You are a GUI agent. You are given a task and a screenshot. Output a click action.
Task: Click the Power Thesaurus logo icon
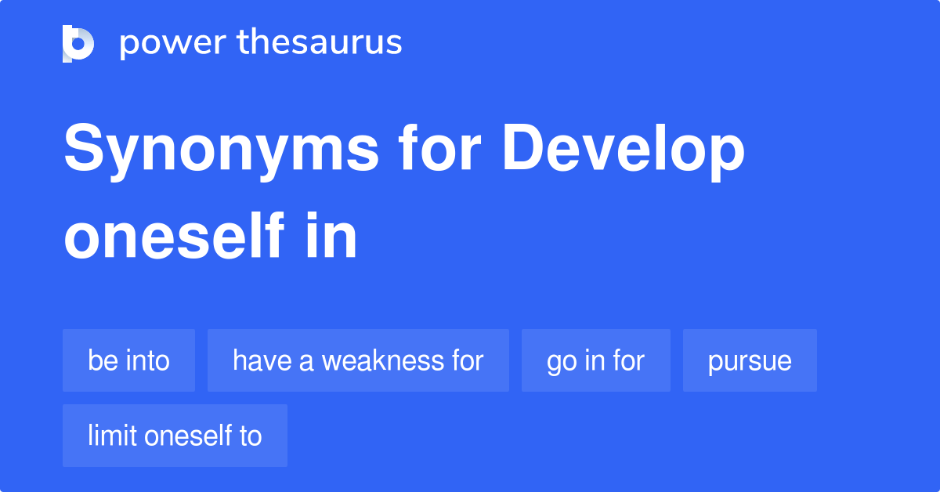[x=78, y=43]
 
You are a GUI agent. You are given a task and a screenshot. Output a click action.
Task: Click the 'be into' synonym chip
[x=128, y=360]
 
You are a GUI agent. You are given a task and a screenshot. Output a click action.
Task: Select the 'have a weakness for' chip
[x=358, y=360]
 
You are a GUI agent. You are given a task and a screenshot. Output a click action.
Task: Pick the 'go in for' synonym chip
[x=595, y=360]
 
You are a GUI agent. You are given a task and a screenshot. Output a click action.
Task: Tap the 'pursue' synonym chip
[x=750, y=360]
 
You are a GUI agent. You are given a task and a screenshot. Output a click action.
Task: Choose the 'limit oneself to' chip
[x=175, y=436]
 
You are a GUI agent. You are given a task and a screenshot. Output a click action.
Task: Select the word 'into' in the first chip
[x=150, y=360]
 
